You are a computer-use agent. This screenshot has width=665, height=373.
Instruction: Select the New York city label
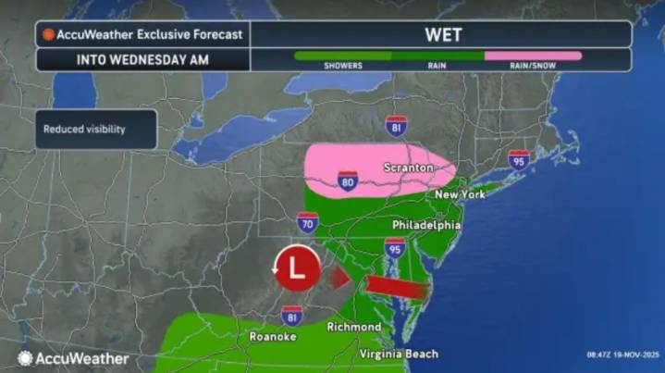point(461,196)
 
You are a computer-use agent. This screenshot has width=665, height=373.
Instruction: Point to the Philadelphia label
point(425,225)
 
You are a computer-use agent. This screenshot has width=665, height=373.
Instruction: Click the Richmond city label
point(353,328)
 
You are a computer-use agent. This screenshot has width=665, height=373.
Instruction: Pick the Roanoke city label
point(273,337)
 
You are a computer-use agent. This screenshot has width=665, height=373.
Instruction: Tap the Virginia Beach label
point(399,354)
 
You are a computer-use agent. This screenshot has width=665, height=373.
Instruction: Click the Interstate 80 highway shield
point(348,179)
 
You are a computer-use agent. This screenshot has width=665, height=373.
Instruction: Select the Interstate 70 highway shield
point(308,221)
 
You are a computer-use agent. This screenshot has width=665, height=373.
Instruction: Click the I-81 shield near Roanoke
point(292,315)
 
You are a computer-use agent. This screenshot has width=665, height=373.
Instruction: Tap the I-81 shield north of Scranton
point(397,126)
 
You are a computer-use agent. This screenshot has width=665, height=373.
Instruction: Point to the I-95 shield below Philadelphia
point(395,247)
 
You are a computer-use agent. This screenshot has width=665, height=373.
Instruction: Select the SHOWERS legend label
point(342,67)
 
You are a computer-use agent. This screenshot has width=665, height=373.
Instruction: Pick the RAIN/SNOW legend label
point(534,67)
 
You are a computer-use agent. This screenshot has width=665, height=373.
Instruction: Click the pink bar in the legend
point(534,56)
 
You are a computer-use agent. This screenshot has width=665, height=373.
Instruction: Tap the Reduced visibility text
point(84,130)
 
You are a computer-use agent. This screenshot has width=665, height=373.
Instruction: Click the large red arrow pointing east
point(393,288)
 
